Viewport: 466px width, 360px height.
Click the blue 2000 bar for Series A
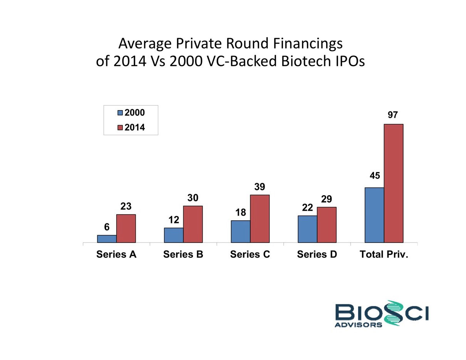click(x=107, y=239)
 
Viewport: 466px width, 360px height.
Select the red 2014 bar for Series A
click(x=126, y=228)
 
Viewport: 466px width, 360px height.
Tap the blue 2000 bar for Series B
click(x=174, y=235)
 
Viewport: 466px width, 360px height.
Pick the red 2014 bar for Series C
click(x=260, y=219)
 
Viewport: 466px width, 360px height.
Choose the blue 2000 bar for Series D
click(x=308, y=229)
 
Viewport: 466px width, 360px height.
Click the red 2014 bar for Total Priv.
click(x=394, y=183)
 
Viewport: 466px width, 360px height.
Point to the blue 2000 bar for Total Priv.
click(x=374, y=215)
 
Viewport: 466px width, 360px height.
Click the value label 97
click(x=393, y=115)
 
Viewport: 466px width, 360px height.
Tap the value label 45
click(x=375, y=176)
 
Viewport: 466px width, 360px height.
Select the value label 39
click(x=260, y=186)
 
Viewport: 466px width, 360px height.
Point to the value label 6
click(x=106, y=227)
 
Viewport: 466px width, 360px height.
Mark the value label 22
click(x=307, y=208)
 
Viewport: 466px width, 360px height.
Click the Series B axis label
click(x=183, y=255)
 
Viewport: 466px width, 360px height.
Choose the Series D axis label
click(x=317, y=255)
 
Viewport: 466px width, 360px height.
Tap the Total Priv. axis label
click(x=384, y=255)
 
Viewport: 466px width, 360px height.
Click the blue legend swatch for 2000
click(x=120, y=113)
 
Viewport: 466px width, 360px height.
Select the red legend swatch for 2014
click(x=120, y=128)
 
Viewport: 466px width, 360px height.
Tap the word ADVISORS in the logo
click(x=359, y=325)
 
